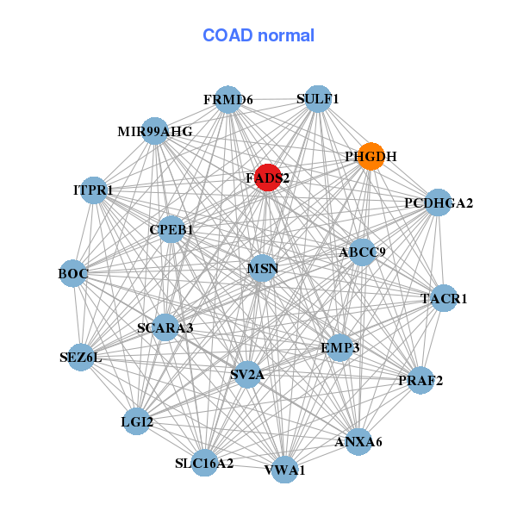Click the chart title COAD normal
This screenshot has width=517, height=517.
tap(258, 36)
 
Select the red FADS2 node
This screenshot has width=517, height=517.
tap(268, 178)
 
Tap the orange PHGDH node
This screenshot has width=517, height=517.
tap(371, 157)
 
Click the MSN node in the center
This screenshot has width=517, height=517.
tap(262, 269)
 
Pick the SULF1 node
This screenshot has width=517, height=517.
tap(318, 99)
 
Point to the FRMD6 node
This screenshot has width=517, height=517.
tap(227, 100)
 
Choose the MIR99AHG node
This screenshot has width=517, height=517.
tap(155, 132)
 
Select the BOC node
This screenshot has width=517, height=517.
tap(72, 273)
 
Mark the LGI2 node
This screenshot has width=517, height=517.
tap(137, 421)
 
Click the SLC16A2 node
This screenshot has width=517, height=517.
tap(204, 463)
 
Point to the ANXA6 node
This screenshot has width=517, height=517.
tap(358, 442)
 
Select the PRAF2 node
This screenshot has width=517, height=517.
tap(420, 380)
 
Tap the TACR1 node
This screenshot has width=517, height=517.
tap(444, 299)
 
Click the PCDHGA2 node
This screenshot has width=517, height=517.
tap(439, 203)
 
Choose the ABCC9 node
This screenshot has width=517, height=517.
tap(362, 252)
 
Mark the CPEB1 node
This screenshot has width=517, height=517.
tap(171, 230)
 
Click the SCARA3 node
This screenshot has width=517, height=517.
tap(165, 327)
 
